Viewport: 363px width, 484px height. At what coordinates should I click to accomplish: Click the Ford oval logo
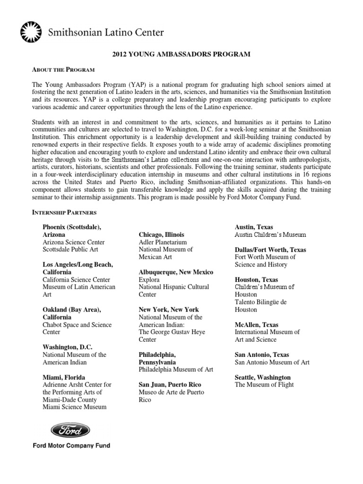click(70, 431)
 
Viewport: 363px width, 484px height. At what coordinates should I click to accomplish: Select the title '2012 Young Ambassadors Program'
click(181, 55)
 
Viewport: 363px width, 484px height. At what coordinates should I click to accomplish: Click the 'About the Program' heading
click(63, 69)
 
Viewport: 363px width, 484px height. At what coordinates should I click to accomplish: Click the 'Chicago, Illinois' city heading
click(162, 235)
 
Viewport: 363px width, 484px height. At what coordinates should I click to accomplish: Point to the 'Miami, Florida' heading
click(64, 377)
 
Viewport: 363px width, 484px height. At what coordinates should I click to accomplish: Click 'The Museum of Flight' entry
click(264, 384)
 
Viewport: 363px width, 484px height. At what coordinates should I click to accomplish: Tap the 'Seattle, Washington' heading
click(263, 377)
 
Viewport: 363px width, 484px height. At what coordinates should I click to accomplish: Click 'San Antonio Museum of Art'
click(272, 362)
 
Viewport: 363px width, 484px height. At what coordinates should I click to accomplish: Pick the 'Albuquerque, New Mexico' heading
click(176, 272)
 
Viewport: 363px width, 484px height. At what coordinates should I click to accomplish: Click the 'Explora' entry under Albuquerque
click(149, 280)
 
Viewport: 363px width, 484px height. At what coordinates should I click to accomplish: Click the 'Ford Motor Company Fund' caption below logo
click(71, 445)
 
